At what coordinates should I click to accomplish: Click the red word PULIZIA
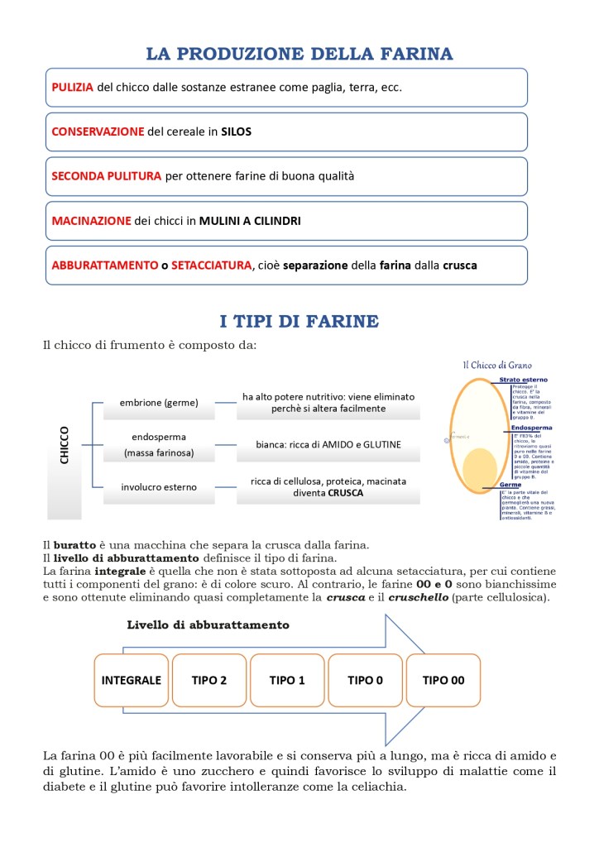point(72,87)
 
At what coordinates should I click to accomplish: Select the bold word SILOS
point(236,132)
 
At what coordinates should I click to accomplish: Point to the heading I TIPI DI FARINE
point(299,320)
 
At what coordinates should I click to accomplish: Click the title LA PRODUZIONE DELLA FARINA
point(299,55)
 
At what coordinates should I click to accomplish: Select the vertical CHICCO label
point(65,445)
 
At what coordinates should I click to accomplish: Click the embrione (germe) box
point(159,403)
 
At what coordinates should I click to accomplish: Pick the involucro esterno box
point(159,487)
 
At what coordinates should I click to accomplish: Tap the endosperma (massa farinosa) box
point(159,444)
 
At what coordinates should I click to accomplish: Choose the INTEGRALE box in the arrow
point(131,680)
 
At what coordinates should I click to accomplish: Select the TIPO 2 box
point(209,680)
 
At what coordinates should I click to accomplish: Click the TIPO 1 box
point(287,680)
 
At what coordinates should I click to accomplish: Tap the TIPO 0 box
point(365,680)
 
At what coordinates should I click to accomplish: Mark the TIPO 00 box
point(443,680)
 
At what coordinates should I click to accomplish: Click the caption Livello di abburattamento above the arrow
point(208,624)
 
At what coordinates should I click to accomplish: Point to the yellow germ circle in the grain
point(479,468)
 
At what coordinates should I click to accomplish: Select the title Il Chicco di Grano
point(496,365)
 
